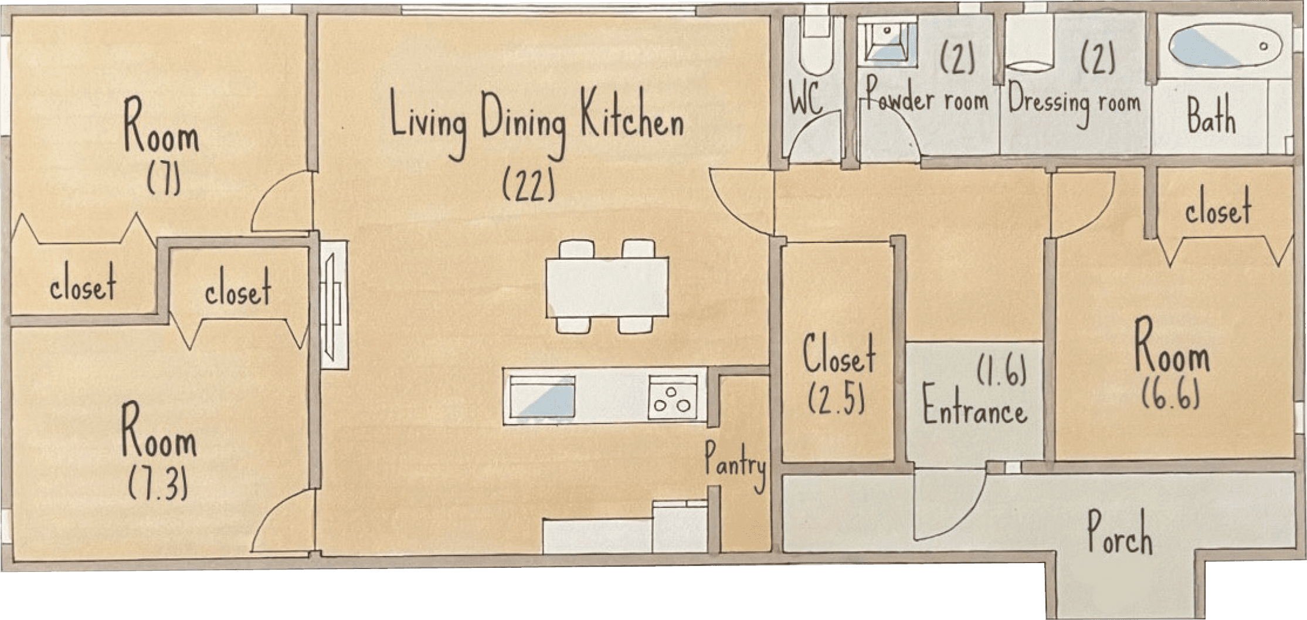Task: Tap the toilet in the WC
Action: click(x=816, y=44)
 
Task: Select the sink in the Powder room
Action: click(x=887, y=39)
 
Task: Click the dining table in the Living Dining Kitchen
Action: click(x=607, y=287)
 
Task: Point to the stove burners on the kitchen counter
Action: click(x=672, y=398)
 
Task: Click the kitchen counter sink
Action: click(x=541, y=397)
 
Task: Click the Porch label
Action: click(x=1119, y=533)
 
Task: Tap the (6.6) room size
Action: click(x=1170, y=392)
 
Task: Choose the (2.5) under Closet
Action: click(x=836, y=399)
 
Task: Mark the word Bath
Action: click(x=1211, y=116)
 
